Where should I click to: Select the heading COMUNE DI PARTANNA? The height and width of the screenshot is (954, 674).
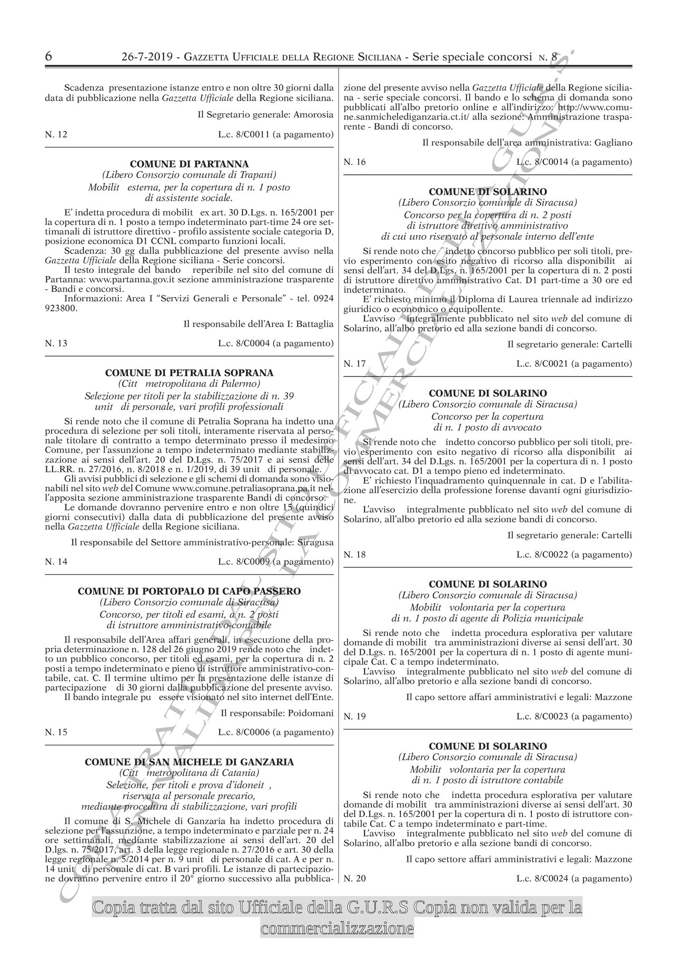coord(190,164)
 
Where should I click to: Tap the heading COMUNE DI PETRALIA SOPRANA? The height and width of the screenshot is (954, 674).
coord(190,373)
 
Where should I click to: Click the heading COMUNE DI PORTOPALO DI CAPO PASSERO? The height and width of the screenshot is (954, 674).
coord(190,591)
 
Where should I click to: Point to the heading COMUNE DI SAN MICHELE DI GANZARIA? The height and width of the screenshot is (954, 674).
coord(190,762)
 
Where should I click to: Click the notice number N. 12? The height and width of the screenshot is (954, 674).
coord(56,135)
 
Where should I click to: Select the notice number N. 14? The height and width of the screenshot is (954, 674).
coord(56,562)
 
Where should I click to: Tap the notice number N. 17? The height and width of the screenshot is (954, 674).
coord(354,363)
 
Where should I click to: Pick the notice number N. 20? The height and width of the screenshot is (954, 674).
coord(354,878)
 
